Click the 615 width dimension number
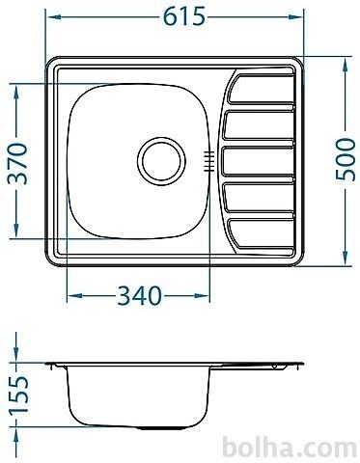click(184, 16)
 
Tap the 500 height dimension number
click(346, 159)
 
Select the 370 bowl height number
click(17, 163)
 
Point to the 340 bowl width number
click(139, 296)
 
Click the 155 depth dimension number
click(18, 395)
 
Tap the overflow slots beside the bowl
click(209, 161)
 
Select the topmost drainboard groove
click(261, 90)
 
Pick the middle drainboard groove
click(259, 161)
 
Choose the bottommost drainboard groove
click(262, 233)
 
